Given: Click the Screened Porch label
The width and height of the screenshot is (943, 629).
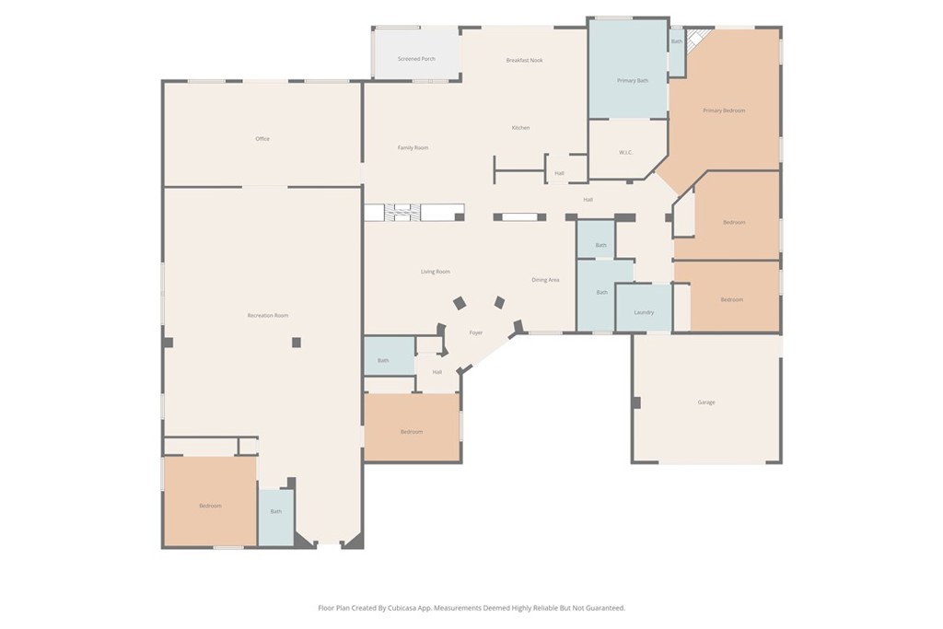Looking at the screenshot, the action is [416, 59].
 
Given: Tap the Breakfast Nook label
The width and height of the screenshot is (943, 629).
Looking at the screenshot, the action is [524, 60].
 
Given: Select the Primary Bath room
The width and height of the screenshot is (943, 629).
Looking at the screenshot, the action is [628, 68].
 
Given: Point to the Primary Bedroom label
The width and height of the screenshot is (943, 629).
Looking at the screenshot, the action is [724, 111].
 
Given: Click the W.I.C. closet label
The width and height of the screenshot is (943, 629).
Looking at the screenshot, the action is [625, 153].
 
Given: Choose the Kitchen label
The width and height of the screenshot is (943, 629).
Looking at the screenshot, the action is [521, 127].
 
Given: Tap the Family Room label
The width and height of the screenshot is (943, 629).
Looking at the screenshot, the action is [413, 148].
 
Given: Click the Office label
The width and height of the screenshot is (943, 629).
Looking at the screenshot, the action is [262, 139].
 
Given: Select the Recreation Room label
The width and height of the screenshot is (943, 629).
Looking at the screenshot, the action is [268, 315].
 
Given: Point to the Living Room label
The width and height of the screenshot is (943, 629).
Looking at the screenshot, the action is [436, 272].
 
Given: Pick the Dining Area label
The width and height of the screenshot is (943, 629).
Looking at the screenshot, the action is [545, 280].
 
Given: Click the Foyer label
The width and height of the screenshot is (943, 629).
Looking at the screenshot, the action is [476, 332].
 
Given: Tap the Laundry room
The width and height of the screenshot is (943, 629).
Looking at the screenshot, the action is [644, 308].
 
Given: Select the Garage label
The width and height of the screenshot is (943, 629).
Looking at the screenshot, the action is [706, 402].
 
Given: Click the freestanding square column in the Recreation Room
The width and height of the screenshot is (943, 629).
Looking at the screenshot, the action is [297, 343].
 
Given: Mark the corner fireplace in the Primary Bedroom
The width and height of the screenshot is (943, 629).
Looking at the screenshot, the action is [696, 41].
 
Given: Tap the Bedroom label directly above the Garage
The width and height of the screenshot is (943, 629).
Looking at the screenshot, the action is [732, 299].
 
